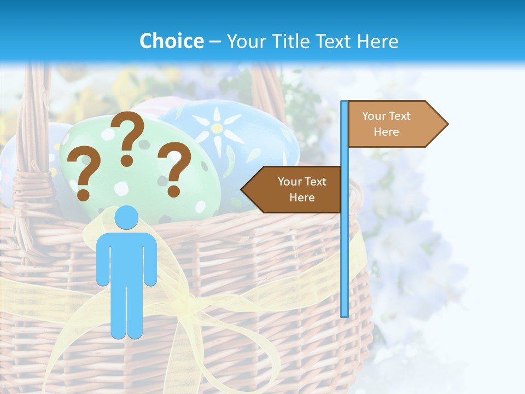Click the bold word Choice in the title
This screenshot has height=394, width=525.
tap(171, 42)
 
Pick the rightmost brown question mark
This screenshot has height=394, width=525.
tap(173, 168)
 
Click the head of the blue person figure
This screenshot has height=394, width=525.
tap(126, 218)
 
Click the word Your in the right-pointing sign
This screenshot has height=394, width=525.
tap(374, 116)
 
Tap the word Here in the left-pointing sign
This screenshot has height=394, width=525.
tap(302, 198)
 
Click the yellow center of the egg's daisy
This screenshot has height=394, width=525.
tap(217, 129)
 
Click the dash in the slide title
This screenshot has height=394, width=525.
tap(215, 42)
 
